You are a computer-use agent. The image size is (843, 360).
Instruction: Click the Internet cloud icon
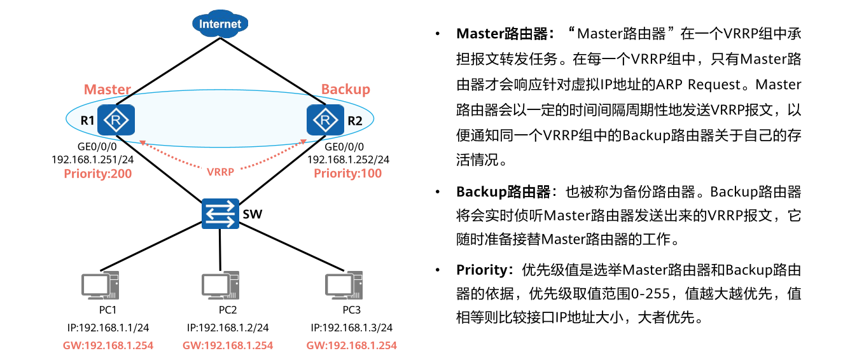click(220, 24)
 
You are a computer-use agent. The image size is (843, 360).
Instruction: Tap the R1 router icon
click(116, 120)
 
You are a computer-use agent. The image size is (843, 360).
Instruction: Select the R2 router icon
click(325, 120)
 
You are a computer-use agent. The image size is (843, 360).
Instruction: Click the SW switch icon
click(220, 213)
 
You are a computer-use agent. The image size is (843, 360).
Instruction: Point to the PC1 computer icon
click(101, 286)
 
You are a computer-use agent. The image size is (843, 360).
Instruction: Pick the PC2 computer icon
click(220, 286)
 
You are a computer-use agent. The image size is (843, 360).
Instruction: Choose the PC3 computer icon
click(344, 286)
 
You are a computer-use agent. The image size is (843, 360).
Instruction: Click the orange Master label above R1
click(108, 90)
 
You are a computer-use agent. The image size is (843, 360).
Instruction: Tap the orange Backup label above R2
click(345, 89)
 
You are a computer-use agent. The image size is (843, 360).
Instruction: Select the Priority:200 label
click(98, 173)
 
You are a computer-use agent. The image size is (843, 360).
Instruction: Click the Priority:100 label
click(348, 173)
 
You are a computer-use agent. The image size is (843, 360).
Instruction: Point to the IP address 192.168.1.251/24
click(93, 160)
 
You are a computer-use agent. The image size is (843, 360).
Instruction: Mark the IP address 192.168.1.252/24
click(349, 160)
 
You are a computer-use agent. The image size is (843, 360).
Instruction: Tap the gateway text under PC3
click(351, 345)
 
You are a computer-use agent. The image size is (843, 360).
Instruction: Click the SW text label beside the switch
click(252, 214)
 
